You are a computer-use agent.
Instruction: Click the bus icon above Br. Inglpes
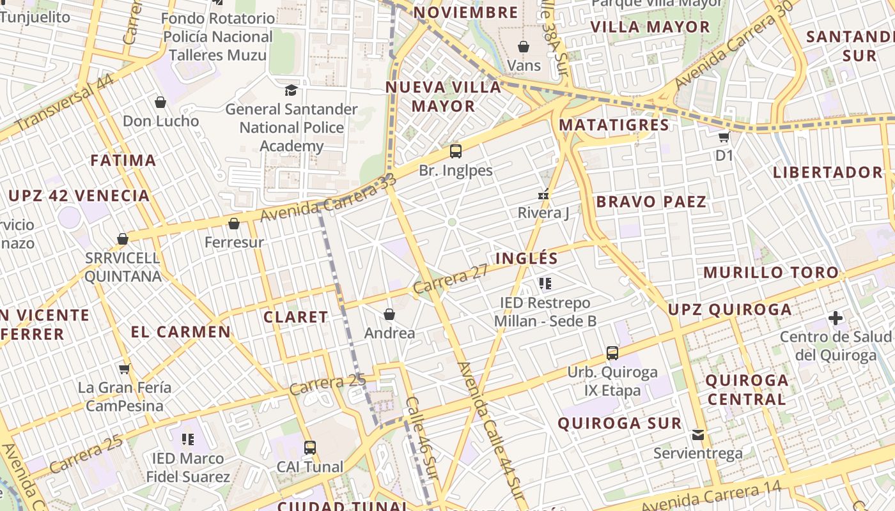pos(455,151)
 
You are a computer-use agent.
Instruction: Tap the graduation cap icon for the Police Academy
pos(291,90)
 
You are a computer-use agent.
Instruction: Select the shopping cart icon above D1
pos(724,137)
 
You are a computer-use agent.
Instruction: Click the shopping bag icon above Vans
pos(524,47)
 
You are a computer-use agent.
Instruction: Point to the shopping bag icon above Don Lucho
pos(160,102)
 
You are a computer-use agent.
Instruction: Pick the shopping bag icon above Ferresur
pos(234,224)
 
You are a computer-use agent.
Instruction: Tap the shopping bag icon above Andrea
pos(389,314)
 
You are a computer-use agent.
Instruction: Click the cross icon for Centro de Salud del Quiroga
pos(835,318)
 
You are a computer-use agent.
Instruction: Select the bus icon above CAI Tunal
pos(309,448)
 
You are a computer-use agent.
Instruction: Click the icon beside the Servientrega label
pos(698,435)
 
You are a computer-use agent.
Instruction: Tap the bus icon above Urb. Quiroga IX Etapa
pos(612,353)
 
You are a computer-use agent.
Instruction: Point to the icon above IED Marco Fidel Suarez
pos(187,439)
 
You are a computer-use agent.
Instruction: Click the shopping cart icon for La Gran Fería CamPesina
pos(125,369)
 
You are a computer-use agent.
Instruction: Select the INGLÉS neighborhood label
pos(527,259)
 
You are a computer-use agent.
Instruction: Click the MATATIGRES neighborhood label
pos(614,125)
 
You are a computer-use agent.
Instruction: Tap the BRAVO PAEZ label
pos(651,202)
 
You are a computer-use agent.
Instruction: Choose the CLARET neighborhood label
pos(295,317)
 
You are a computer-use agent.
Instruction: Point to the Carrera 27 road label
pos(451,279)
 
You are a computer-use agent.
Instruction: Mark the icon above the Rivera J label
pos(543,195)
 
